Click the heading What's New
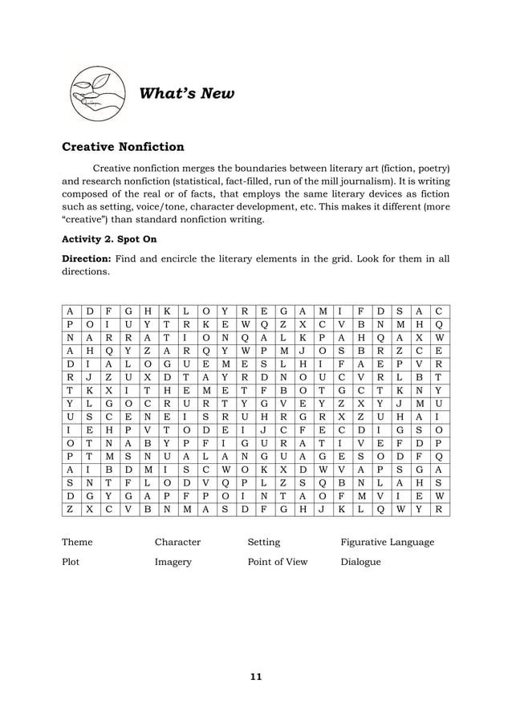coord(187,94)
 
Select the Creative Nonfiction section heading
coord(123,147)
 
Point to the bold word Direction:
coord(87,259)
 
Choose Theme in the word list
coord(77,542)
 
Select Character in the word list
coord(177,542)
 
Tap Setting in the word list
coord(263,542)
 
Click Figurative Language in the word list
coord(387,542)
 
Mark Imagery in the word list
coord(172,562)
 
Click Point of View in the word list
coord(277,562)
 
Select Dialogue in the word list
coord(360,562)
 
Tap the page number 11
coord(255,677)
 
